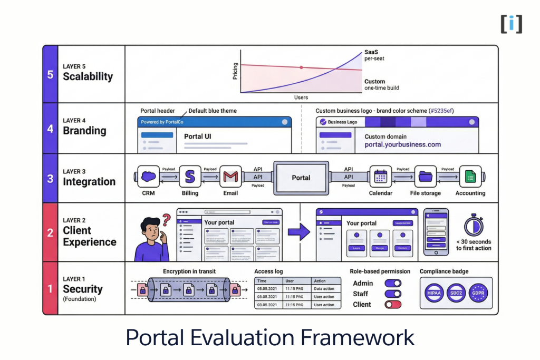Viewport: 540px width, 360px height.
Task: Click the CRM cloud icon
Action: pyautogui.click(x=149, y=177)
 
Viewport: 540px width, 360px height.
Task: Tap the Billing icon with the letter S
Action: pyautogui.click(x=190, y=177)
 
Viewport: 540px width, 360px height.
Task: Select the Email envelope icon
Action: pyautogui.click(x=230, y=177)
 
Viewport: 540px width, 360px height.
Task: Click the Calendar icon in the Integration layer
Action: pyautogui.click(x=380, y=177)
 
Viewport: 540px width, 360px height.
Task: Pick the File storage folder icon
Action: pyautogui.click(x=425, y=177)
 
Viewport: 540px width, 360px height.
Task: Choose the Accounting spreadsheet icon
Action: pyautogui.click(x=470, y=177)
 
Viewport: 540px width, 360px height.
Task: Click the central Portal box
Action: pyautogui.click(x=301, y=178)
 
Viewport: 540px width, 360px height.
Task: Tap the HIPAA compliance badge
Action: pyautogui.click(x=433, y=293)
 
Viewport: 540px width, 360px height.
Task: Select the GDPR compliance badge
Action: pyautogui.click(x=479, y=293)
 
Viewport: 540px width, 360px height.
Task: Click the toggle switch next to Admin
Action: pyautogui.click(x=393, y=283)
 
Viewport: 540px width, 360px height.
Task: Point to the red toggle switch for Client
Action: pyautogui.click(x=393, y=304)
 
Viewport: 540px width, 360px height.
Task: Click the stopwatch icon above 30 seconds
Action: pyautogui.click(x=474, y=225)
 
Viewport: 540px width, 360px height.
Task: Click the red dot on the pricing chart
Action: pyautogui.click(x=301, y=67)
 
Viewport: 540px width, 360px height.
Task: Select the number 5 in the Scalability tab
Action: pyautogui.click(x=50, y=74)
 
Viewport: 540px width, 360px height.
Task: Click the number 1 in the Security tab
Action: pyautogui.click(x=50, y=289)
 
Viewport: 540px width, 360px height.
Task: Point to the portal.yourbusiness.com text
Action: pyautogui.click(x=402, y=144)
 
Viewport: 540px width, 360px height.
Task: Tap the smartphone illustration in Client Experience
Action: pyautogui.click(x=436, y=232)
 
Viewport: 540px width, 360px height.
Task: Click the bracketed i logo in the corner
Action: pyautogui.click(x=511, y=24)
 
